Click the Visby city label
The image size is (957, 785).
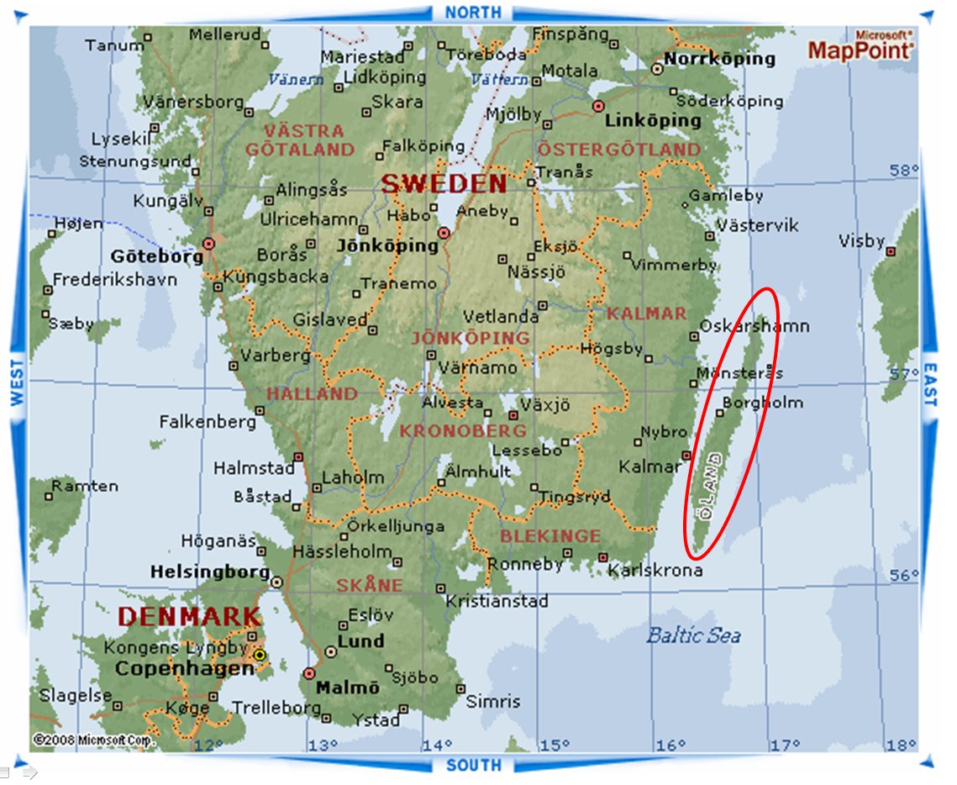tap(861, 241)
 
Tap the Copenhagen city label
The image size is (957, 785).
tap(184, 669)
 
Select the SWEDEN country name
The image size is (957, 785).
tap(444, 184)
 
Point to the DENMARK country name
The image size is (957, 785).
tap(185, 616)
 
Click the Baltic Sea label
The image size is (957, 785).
tap(693, 635)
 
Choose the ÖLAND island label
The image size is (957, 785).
tap(713, 487)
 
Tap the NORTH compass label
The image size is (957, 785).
tap(473, 13)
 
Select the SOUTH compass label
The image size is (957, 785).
tap(473, 765)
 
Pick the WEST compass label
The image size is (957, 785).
tap(17, 383)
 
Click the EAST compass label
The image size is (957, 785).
tap(929, 385)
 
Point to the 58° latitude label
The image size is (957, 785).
tap(904, 171)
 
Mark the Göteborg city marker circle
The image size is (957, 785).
tap(208, 243)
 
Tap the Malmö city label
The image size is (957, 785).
tap(347, 688)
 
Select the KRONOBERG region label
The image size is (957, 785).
tap(463, 431)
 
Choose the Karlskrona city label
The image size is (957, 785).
tap(655, 571)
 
